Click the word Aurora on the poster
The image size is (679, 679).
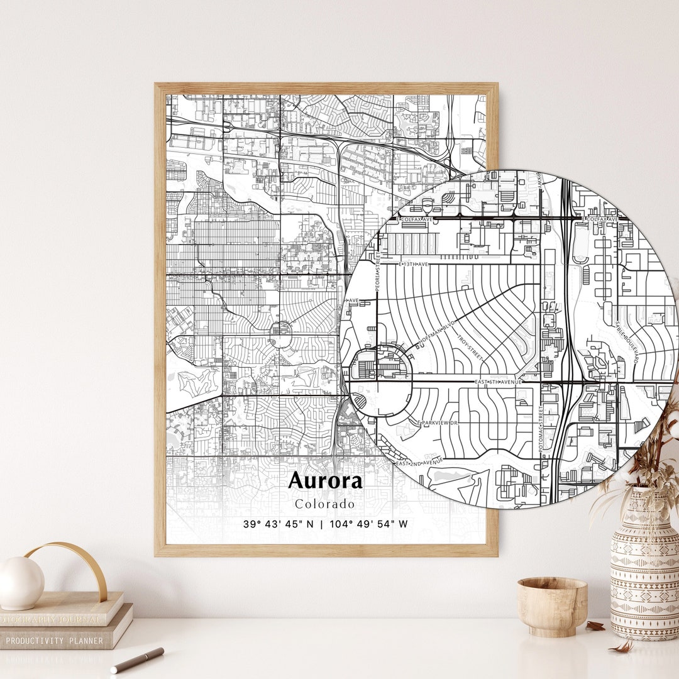click(325, 482)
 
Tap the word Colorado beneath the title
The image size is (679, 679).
click(325, 504)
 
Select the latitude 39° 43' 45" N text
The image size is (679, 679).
click(279, 524)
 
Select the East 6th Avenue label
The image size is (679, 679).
click(499, 382)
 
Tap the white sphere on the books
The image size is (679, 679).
click(21, 583)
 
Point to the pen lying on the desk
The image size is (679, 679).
click(137, 661)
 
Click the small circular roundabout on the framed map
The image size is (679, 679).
click(280, 329)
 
